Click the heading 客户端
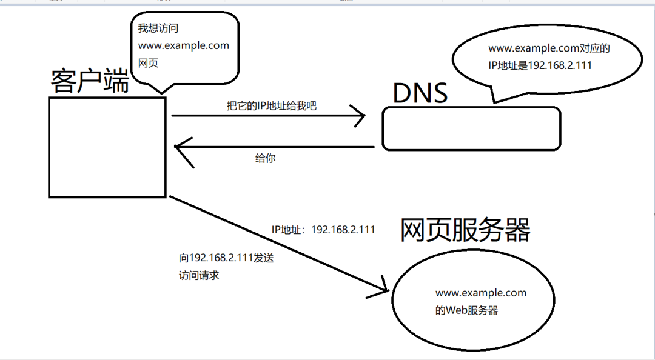tap(90, 81)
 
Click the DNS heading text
tap(420, 93)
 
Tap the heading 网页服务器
tap(465, 230)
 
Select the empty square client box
tap(107, 147)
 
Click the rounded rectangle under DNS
tap(471, 128)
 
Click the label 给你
tap(266, 159)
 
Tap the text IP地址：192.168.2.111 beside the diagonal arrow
tap(323, 230)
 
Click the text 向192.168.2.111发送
tap(227, 258)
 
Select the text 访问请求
tap(198, 275)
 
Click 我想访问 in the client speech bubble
tap(158, 28)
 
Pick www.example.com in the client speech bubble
tap(184, 45)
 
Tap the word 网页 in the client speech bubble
tap(149, 63)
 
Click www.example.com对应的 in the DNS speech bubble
tap(549, 48)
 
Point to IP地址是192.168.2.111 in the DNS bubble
tap(540, 65)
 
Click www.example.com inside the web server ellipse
tap(481, 293)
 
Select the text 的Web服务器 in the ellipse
tap(466, 310)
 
